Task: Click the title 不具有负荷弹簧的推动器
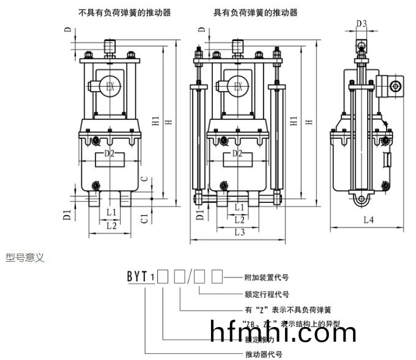coord(125,12)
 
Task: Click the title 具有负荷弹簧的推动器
coord(255,12)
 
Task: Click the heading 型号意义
coord(25,258)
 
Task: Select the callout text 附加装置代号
coord(266,277)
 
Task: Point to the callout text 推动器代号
coord(263,354)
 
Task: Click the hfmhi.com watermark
coord(282,332)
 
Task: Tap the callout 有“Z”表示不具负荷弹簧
coord(280,309)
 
